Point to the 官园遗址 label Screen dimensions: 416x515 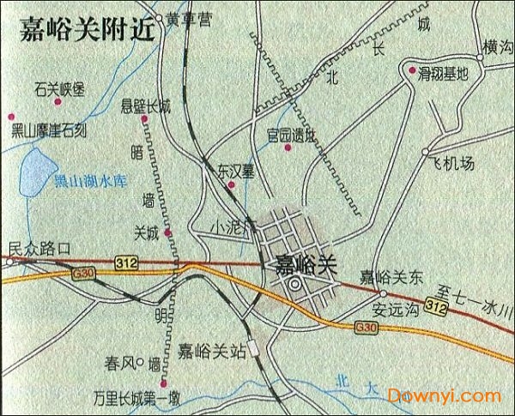coord(291,135)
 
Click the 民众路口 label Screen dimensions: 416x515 coord(38,248)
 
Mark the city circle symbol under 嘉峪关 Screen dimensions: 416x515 coord(294,284)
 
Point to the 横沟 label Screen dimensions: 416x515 coord(497,48)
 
